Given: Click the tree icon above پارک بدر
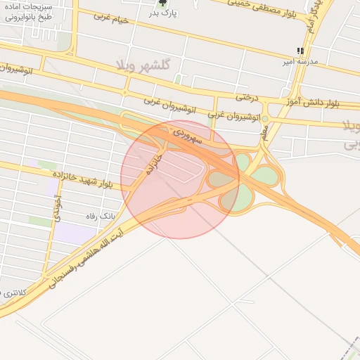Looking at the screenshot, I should pos(163,4).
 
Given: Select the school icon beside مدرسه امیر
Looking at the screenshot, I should pos(301,51).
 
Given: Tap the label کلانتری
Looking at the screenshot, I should pos(14,291).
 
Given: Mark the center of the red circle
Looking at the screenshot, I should pos(180,179).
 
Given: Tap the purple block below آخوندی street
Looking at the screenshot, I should pos(70,233).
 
